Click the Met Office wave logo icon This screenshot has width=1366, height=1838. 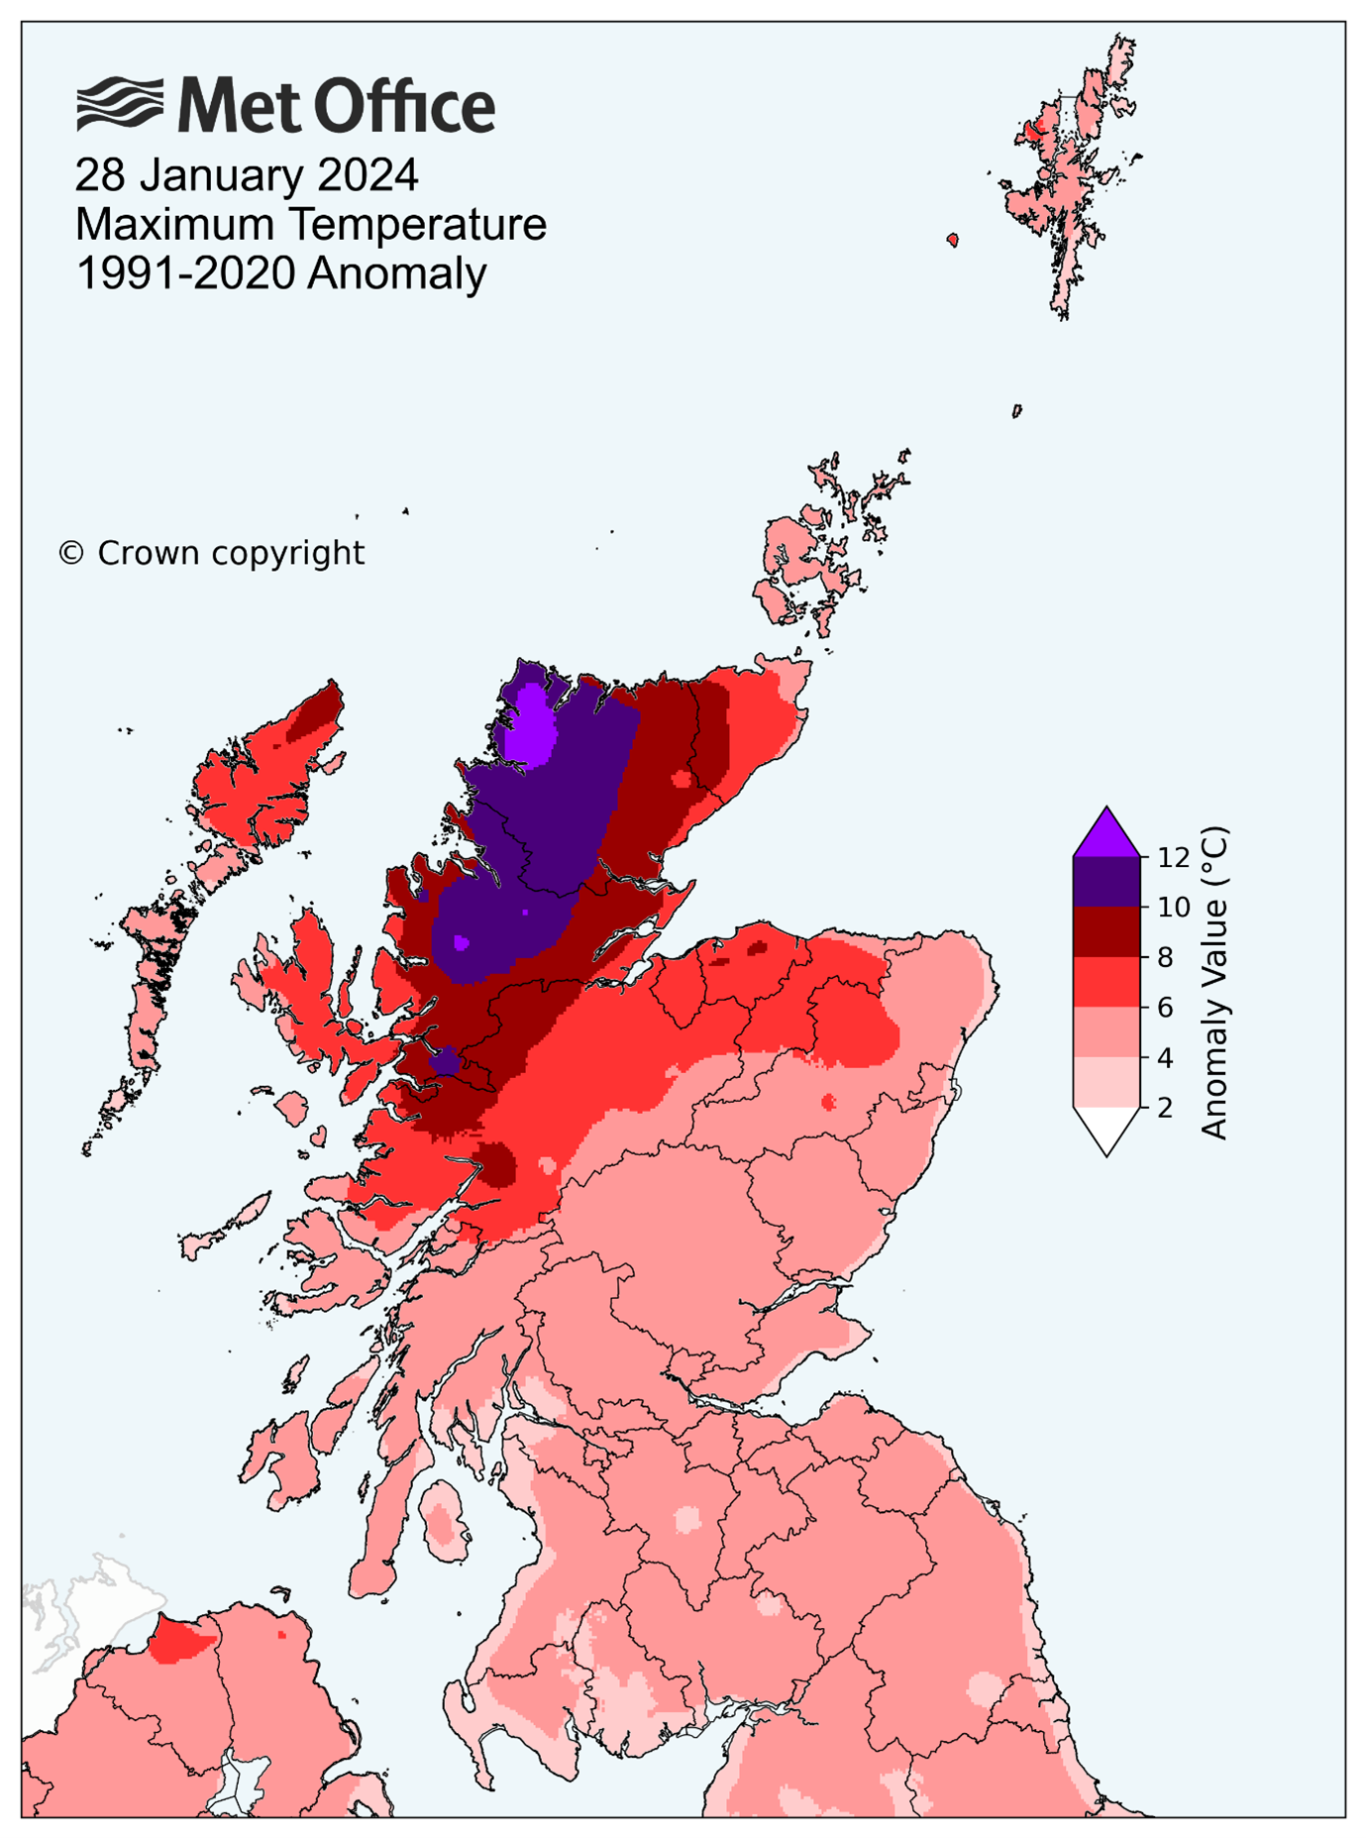[119, 105]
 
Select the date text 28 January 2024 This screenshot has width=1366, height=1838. [247, 175]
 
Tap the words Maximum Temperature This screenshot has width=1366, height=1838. [310, 224]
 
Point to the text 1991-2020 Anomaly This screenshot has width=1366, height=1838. [280, 272]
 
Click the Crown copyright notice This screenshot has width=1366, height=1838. [211, 553]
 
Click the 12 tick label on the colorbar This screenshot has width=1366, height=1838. [1173, 858]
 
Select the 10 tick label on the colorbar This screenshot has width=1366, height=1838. [1173, 908]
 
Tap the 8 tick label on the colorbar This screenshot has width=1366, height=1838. [1165, 958]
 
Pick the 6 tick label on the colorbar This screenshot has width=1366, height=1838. [1165, 1008]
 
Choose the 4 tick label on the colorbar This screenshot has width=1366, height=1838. [1165, 1058]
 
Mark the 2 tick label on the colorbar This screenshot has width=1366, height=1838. [1165, 1108]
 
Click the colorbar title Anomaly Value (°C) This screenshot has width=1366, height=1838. [1213, 983]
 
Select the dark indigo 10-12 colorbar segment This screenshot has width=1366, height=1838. [1106, 882]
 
